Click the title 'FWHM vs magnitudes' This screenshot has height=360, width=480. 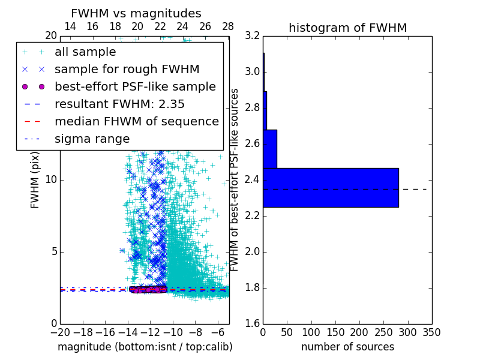[136, 14]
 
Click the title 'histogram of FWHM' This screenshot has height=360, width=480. [347, 28]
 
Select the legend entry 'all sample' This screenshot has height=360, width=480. [85, 52]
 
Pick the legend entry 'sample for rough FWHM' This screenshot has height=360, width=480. [127, 70]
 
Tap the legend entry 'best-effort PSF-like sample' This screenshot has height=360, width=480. [135, 86]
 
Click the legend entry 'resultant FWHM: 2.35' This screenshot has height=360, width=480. [119, 104]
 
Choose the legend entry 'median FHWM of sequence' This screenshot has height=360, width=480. [136, 121]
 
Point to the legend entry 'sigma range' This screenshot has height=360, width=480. [92, 139]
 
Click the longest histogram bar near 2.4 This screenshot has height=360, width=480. [331, 188]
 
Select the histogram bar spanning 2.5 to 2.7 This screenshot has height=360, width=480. [270, 149]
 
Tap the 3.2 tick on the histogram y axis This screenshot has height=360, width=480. [252, 36]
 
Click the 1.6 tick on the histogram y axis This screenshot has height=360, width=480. [252, 324]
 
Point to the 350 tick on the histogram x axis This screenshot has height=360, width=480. [432, 332]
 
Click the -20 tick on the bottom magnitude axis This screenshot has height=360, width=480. [60, 332]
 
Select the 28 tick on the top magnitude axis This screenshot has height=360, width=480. [228, 26]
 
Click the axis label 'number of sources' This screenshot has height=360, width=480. [347, 347]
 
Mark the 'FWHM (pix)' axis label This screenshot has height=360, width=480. [35, 180]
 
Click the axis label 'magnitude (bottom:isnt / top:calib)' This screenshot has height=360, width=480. [145, 347]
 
